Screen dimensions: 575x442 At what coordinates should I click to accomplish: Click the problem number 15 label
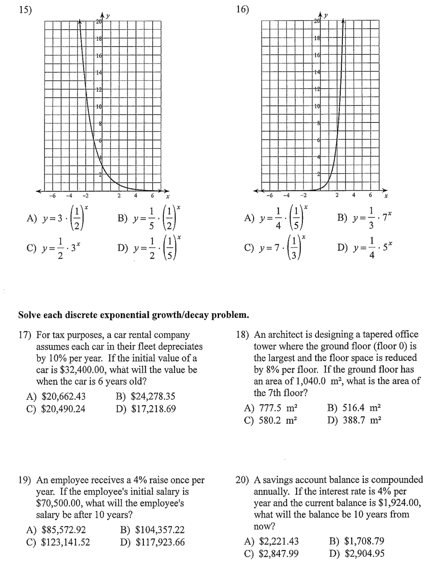click(x=25, y=9)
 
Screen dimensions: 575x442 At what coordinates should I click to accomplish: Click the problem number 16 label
click(x=243, y=9)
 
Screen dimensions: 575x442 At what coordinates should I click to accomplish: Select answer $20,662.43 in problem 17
click(x=63, y=397)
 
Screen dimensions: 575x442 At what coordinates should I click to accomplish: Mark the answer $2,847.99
click(x=279, y=554)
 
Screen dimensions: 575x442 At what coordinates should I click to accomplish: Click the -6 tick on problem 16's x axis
click(x=269, y=196)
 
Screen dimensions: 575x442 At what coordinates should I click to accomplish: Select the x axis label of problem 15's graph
click(x=168, y=197)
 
